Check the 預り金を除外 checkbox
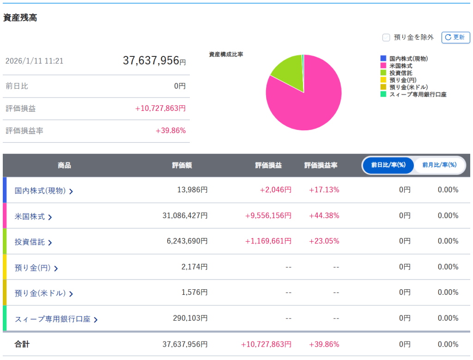386,37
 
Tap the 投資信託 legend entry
400,73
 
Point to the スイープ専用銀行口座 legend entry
418,94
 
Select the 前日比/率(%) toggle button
388,165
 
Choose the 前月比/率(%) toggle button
439,165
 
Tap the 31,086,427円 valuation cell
185,216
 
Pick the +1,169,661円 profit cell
268,241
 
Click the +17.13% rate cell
324,190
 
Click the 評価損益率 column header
321,165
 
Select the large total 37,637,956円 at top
154,61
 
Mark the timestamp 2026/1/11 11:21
34,61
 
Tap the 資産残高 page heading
20,18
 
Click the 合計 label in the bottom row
22,344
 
